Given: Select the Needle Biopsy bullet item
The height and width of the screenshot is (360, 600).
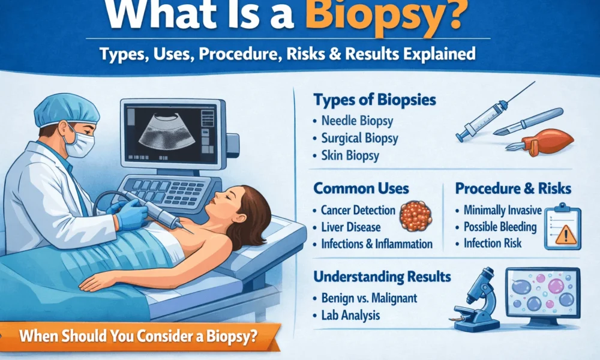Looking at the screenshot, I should (357, 121).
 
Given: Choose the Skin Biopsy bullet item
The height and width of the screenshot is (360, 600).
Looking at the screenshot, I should (351, 156).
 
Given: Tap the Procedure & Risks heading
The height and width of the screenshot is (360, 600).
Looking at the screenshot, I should (513, 189).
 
